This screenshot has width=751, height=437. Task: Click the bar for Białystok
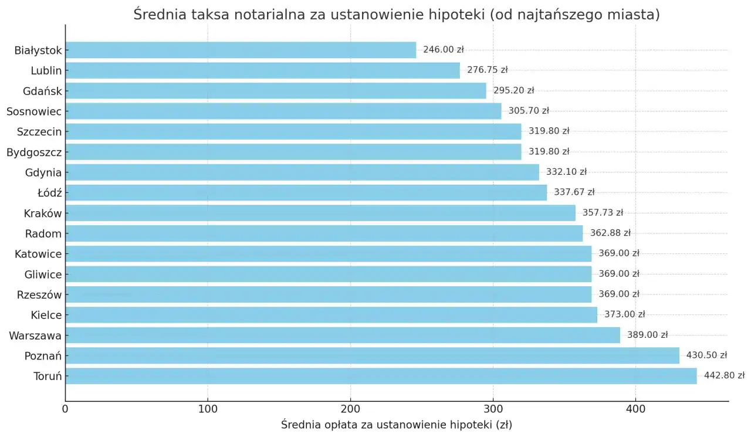pos(241,50)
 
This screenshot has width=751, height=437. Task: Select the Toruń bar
pos(381,376)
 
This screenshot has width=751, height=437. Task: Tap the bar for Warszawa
pos(343,335)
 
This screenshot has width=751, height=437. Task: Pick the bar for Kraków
pos(320,213)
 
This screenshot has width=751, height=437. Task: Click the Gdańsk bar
pos(276,90)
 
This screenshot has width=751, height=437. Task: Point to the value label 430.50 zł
pos(706,355)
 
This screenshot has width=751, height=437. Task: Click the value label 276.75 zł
pos(487,70)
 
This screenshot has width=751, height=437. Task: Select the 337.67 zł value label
pos(574,192)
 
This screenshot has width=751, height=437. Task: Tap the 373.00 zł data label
pos(624,314)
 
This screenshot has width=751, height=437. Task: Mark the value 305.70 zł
pos(529,111)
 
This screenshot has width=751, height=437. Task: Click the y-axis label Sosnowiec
pos(34,111)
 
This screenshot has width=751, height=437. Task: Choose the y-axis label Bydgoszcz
pos(34,152)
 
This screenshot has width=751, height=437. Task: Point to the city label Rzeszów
pos(39,294)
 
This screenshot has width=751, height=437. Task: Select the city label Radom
pos(43,233)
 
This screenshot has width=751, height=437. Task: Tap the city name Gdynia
pos(43,172)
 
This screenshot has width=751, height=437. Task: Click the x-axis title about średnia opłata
pos(396,425)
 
